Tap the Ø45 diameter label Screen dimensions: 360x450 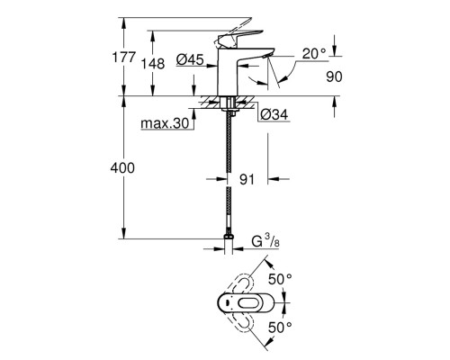coord(191,60)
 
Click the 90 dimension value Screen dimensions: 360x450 coord(335,77)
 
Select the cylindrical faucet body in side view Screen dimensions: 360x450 coord(228,72)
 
